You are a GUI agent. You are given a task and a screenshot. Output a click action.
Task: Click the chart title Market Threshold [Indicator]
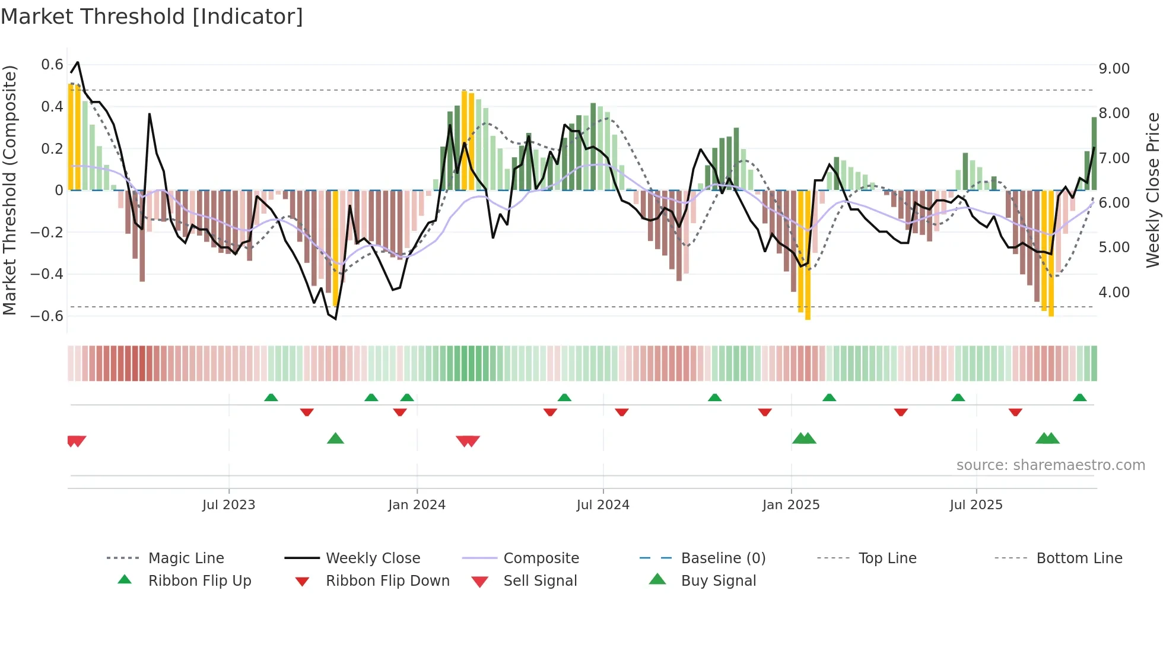152,17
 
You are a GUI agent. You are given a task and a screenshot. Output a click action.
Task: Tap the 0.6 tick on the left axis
52,65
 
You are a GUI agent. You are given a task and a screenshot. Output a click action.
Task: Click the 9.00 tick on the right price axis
1114,69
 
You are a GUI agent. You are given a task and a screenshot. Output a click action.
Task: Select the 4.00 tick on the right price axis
1114,293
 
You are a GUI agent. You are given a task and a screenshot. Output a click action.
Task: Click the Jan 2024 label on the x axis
417,505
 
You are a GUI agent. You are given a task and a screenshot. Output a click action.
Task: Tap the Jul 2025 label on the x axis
975,505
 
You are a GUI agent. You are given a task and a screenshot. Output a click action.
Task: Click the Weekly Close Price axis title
1152,190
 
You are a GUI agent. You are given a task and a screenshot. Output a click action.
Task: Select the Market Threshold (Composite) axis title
9,190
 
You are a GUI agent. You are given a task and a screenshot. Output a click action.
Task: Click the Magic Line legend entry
186,558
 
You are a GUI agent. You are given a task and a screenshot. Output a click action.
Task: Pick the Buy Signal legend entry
718,581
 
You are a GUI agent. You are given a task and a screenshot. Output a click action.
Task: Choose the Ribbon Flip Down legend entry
387,581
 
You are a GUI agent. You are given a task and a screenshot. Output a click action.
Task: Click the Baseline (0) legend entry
723,558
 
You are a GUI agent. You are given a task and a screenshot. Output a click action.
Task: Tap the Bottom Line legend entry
1079,558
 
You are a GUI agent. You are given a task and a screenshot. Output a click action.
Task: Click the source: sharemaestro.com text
1050,465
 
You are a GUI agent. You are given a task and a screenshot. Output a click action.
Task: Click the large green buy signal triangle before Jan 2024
335,439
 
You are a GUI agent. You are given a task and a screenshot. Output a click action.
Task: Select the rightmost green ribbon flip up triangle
1079,398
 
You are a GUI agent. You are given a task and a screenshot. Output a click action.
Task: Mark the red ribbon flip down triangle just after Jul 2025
1015,412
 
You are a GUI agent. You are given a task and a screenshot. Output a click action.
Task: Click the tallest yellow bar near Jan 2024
465,140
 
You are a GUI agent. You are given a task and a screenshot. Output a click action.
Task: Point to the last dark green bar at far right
1094,154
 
